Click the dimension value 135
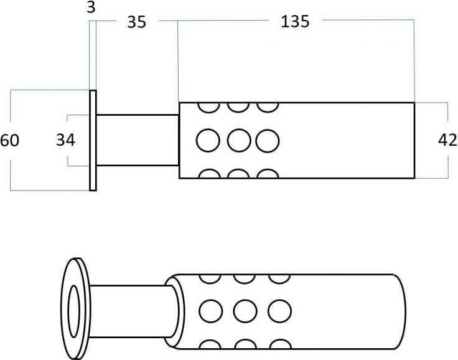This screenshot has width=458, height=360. click(x=295, y=21)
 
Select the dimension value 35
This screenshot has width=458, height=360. click(x=136, y=22)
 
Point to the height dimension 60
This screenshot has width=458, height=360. click(x=10, y=140)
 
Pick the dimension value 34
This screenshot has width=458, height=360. click(x=65, y=140)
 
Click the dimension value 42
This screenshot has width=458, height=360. click(x=447, y=140)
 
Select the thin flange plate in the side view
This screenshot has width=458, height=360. click(x=93, y=140)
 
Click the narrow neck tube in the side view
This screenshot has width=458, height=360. click(x=138, y=140)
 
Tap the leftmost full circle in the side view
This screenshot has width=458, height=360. click(x=208, y=140)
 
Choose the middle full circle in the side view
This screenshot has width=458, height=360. click(x=238, y=140)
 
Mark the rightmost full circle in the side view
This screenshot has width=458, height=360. click(x=268, y=140)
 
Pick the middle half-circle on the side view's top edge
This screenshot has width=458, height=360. click(x=238, y=107)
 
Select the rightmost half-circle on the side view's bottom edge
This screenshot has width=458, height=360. click(x=268, y=174)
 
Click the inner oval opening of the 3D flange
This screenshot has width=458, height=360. click(x=73, y=308)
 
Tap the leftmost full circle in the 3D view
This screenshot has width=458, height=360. click(x=210, y=309)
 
